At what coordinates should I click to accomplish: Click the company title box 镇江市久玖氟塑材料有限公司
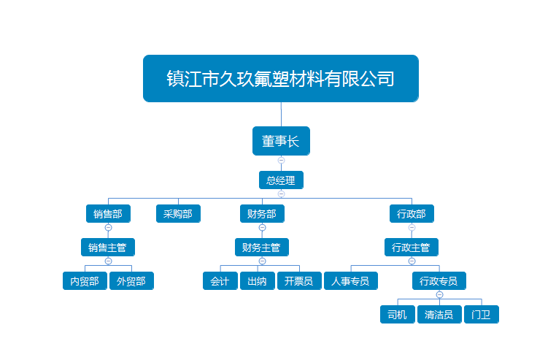(x=281, y=78)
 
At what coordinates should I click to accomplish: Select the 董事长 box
(x=281, y=141)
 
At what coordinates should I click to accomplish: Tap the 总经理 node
(x=281, y=180)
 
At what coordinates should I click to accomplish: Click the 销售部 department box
(x=108, y=214)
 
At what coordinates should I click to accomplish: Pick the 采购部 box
(x=178, y=214)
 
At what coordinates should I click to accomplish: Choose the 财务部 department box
(x=262, y=214)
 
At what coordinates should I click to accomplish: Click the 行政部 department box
(x=412, y=214)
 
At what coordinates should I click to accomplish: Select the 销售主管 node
(x=108, y=248)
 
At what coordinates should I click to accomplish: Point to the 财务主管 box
(x=262, y=248)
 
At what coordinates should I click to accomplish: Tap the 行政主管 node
(x=412, y=248)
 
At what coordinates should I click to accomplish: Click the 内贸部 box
(x=85, y=281)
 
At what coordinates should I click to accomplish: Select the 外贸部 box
(x=131, y=281)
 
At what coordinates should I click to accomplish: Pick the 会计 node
(x=220, y=281)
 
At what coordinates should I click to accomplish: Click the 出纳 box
(x=257, y=281)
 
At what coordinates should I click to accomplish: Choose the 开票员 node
(x=299, y=281)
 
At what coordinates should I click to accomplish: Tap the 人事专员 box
(x=351, y=281)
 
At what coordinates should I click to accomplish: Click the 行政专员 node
(x=439, y=281)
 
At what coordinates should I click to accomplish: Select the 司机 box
(x=397, y=315)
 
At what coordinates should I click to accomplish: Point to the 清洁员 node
(x=439, y=315)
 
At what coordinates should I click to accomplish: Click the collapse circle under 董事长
(x=281, y=160)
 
